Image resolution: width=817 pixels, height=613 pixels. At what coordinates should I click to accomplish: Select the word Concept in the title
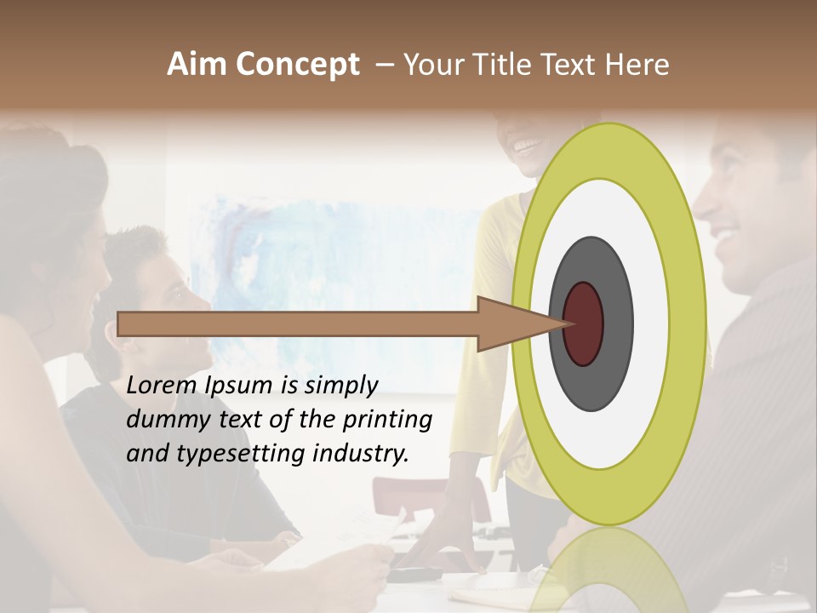click(x=297, y=66)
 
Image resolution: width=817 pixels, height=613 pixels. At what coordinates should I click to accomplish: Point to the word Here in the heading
click(x=637, y=65)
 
